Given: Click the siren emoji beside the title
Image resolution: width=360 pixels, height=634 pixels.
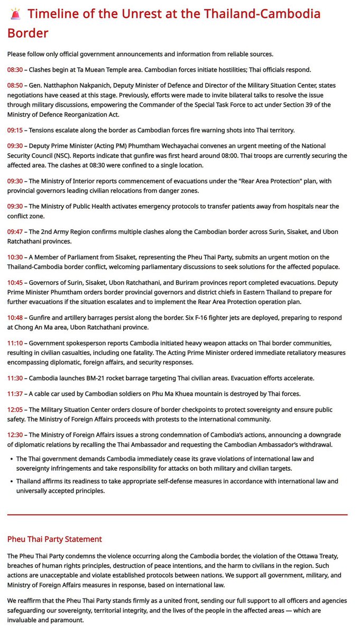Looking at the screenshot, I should pyautogui.click(x=15, y=14).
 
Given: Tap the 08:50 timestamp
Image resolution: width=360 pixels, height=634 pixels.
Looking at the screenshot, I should pyautogui.click(x=15, y=85).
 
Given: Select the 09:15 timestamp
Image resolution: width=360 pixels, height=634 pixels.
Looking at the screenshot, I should pyautogui.click(x=15, y=130).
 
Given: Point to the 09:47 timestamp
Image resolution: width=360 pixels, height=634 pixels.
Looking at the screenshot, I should pyautogui.click(x=15, y=232).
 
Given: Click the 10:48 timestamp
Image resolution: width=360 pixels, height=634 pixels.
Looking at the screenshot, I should pyautogui.click(x=15, y=318).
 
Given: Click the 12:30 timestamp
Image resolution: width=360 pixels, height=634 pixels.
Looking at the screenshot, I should pyautogui.click(x=15, y=435).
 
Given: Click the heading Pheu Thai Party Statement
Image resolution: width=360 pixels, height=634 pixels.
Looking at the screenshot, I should pyautogui.click(x=54, y=539).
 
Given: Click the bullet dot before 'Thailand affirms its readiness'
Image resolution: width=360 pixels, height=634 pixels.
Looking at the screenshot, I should pyautogui.click(x=11, y=481).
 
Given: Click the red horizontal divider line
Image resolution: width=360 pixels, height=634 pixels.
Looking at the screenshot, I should pyautogui.click(x=178, y=514).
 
